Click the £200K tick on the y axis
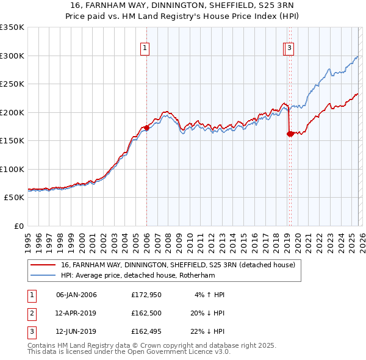coord(12,112)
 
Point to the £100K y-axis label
coord(12,169)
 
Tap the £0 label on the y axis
coord(18,226)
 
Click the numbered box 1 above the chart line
coord(145,49)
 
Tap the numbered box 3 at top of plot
coord(289,49)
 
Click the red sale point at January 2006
coord(146,128)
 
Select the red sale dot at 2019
coord(290,134)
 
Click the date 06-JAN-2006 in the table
coord(76,295)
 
